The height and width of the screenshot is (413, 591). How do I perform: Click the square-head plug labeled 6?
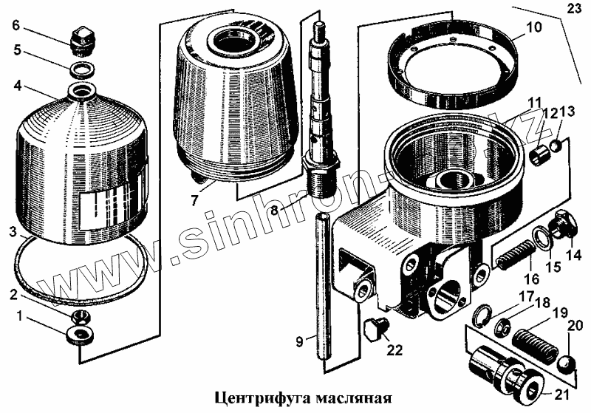(x=81, y=41)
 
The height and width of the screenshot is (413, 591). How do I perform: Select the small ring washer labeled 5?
(x=82, y=69)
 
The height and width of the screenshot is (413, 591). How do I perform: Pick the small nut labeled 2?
(x=81, y=316)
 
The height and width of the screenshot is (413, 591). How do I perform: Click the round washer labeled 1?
(x=81, y=335)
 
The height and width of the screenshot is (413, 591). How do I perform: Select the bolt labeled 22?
(x=375, y=328)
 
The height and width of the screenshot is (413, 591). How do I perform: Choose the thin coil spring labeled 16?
(x=513, y=256)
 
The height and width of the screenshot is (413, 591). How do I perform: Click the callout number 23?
(x=575, y=8)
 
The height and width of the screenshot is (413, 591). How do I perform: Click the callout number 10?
(x=533, y=27)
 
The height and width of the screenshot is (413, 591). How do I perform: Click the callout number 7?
(x=194, y=199)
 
